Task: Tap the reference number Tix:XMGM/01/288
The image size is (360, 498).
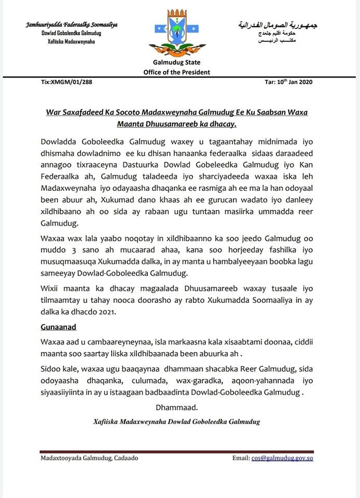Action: point(66,82)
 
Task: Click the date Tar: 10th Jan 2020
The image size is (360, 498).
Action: point(288,82)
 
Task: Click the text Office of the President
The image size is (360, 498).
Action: point(177,72)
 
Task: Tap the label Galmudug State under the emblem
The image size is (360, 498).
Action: point(177,62)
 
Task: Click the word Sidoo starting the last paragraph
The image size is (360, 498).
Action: point(52,369)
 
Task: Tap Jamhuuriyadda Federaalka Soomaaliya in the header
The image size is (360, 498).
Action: point(72,25)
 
